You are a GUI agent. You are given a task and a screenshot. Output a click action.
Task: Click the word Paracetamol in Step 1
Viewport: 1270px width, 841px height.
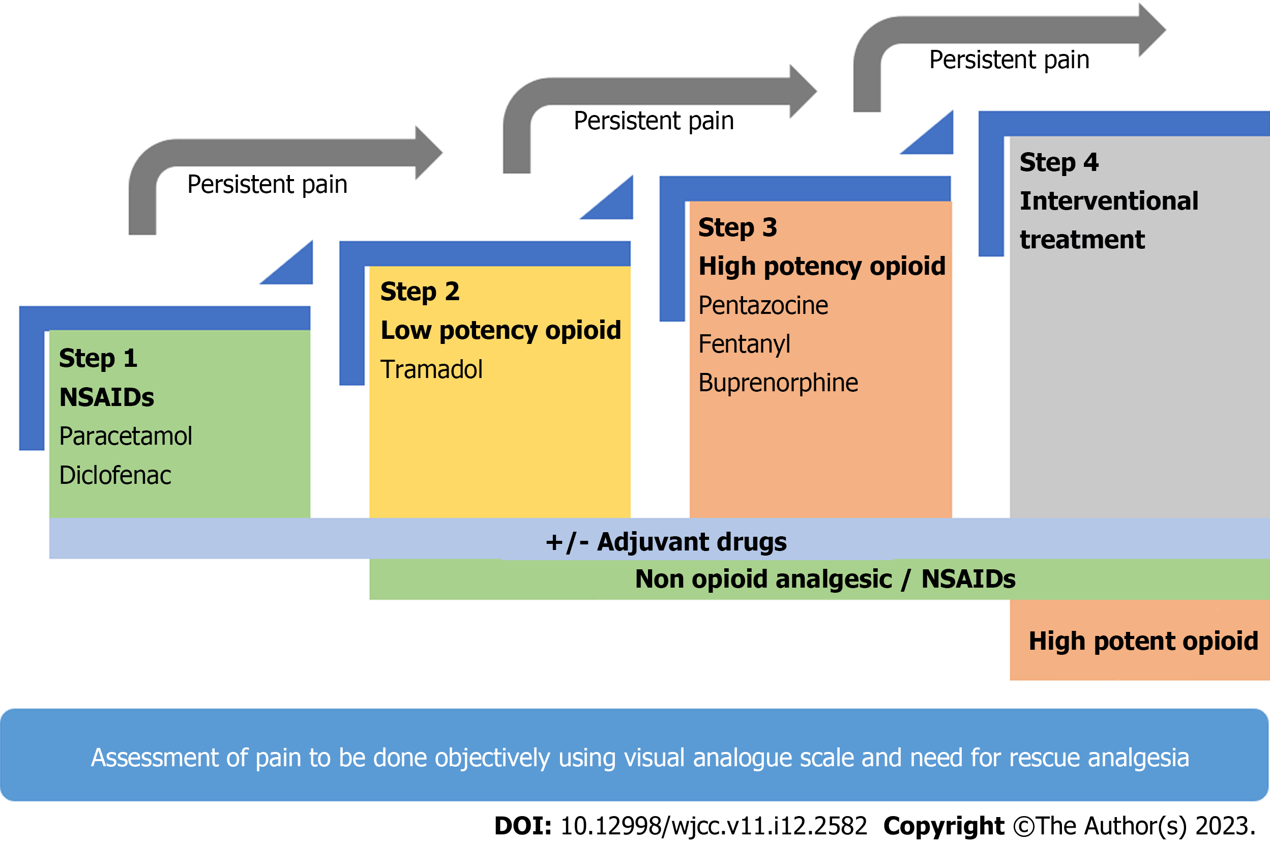(126, 436)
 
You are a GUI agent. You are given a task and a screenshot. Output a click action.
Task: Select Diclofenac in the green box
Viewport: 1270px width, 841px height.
(115, 475)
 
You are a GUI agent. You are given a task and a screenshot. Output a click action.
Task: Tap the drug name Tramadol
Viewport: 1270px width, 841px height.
(431, 369)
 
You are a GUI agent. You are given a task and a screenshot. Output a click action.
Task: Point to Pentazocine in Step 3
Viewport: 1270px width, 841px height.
(763, 305)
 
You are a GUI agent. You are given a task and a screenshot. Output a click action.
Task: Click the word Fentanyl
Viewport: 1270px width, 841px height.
(744, 344)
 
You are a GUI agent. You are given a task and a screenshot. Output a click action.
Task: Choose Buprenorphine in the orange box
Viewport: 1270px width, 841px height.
(778, 383)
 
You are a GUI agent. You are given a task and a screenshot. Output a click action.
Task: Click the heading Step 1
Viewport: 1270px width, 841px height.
(98, 358)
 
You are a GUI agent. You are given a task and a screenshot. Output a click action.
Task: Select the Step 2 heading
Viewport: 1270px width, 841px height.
(420, 292)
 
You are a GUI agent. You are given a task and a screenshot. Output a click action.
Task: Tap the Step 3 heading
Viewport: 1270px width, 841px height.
(737, 227)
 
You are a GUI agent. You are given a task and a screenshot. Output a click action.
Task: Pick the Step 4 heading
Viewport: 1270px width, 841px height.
(1059, 162)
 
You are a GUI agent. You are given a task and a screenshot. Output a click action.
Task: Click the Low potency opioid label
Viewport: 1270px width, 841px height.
(500, 330)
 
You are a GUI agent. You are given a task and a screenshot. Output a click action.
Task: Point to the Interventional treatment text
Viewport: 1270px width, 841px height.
(1108, 220)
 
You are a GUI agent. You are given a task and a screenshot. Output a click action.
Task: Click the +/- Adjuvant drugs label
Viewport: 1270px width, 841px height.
(666, 542)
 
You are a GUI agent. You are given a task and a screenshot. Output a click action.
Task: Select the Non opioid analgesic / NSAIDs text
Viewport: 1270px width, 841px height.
(825, 579)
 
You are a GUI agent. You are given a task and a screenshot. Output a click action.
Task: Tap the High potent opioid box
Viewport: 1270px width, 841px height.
(1143, 641)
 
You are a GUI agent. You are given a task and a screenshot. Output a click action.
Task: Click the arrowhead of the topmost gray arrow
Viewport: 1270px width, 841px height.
(1153, 30)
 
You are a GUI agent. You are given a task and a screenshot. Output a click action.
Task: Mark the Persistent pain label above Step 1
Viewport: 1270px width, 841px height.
(267, 185)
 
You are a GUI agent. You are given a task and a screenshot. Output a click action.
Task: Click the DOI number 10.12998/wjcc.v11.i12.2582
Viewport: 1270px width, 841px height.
(714, 826)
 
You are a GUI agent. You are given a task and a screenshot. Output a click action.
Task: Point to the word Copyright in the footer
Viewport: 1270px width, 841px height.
(943, 826)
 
